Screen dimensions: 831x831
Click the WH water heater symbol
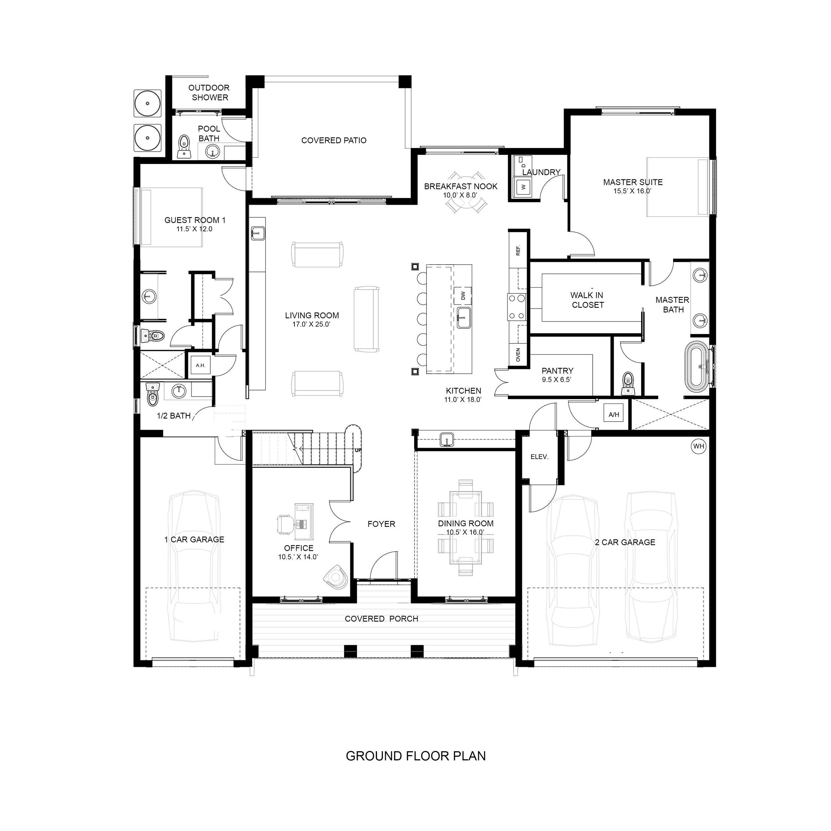click(698, 446)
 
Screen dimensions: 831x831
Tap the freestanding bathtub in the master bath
click(698, 366)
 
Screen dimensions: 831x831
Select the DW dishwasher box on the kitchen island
click(463, 296)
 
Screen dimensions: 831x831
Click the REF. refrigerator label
click(518, 250)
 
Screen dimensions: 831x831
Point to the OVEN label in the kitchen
click(518, 355)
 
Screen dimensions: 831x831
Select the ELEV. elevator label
click(539, 457)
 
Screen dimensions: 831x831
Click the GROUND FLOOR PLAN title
click(415, 756)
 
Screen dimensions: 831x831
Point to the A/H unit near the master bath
click(614, 415)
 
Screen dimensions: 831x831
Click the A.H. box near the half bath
click(200, 366)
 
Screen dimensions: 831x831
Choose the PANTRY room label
click(557, 370)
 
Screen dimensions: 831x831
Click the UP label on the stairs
click(358, 450)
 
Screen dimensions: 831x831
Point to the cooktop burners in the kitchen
click(517, 306)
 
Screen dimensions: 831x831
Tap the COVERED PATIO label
click(334, 140)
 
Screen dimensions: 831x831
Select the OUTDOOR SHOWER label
click(209, 92)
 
